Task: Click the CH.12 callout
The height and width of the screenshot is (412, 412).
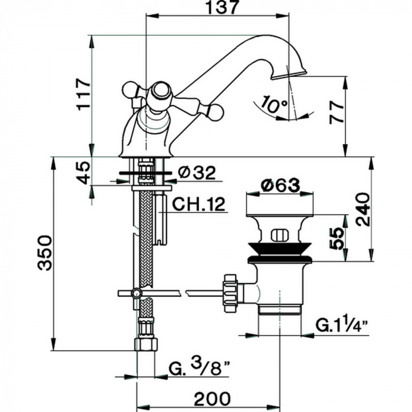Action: (x=200, y=204)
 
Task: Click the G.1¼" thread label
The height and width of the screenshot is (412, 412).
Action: (x=341, y=325)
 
